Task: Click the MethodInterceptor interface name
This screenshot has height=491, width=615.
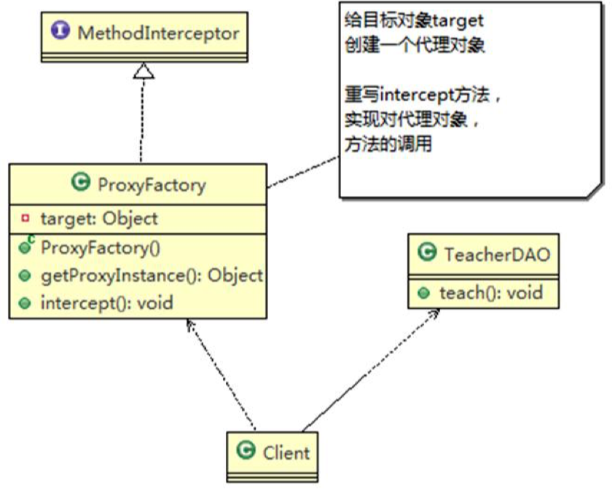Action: tap(158, 33)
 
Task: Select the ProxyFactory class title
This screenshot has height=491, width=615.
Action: tap(152, 184)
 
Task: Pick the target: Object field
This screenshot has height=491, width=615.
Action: tap(99, 219)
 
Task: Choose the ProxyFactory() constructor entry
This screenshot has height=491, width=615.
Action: tap(100, 248)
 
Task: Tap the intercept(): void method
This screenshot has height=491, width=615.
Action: tap(106, 302)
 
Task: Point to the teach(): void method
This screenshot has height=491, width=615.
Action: tap(490, 293)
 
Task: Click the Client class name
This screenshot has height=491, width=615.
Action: tap(286, 452)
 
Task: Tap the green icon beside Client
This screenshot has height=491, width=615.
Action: tap(246, 451)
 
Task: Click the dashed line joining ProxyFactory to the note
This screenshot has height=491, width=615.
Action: tap(302, 170)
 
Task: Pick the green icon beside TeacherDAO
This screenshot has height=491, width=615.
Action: tap(428, 254)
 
